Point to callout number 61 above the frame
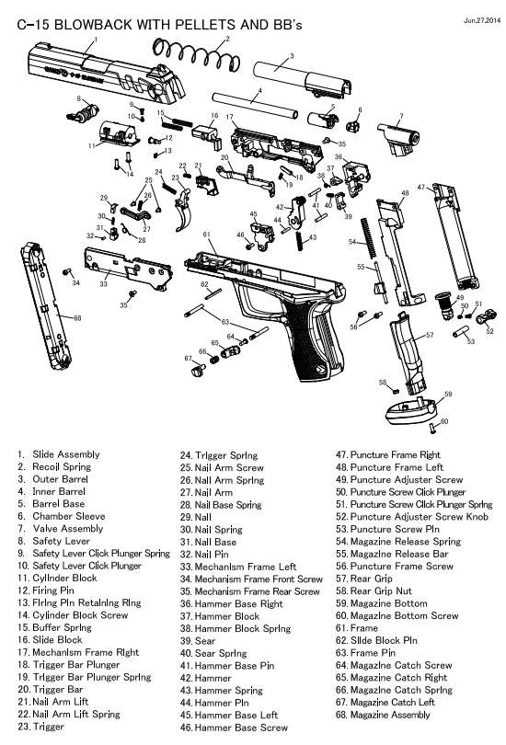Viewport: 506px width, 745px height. (x=207, y=235)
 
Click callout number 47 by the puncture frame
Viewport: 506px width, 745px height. (x=420, y=187)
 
